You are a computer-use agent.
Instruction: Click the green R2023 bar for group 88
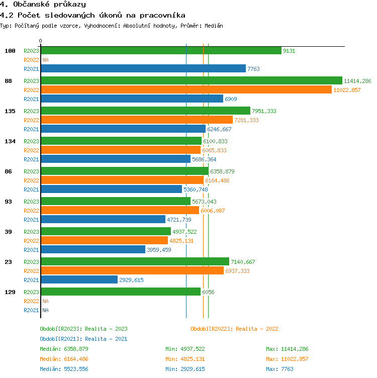(x=191, y=80)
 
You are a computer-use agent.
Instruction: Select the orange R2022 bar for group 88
(x=186, y=89)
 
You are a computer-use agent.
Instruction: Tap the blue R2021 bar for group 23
(x=79, y=279)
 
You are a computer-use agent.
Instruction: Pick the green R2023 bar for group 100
(x=161, y=50)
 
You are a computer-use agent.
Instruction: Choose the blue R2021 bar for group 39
(x=93, y=249)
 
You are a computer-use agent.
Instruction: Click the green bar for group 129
(x=121, y=292)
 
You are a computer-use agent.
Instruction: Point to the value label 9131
(x=289, y=51)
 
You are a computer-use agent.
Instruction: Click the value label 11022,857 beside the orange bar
(x=347, y=90)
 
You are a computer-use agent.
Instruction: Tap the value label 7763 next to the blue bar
(x=253, y=69)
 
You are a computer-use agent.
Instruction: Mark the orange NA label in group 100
(x=45, y=60)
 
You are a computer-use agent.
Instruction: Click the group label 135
(x=10, y=111)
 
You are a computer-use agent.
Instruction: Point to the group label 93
(x=10, y=202)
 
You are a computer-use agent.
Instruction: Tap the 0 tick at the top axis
(x=41, y=41)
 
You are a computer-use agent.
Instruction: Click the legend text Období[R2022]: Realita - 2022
(x=234, y=329)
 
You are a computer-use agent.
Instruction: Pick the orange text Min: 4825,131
(x=185, y=359)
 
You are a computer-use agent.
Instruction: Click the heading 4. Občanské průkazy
(x=43, y=5)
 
